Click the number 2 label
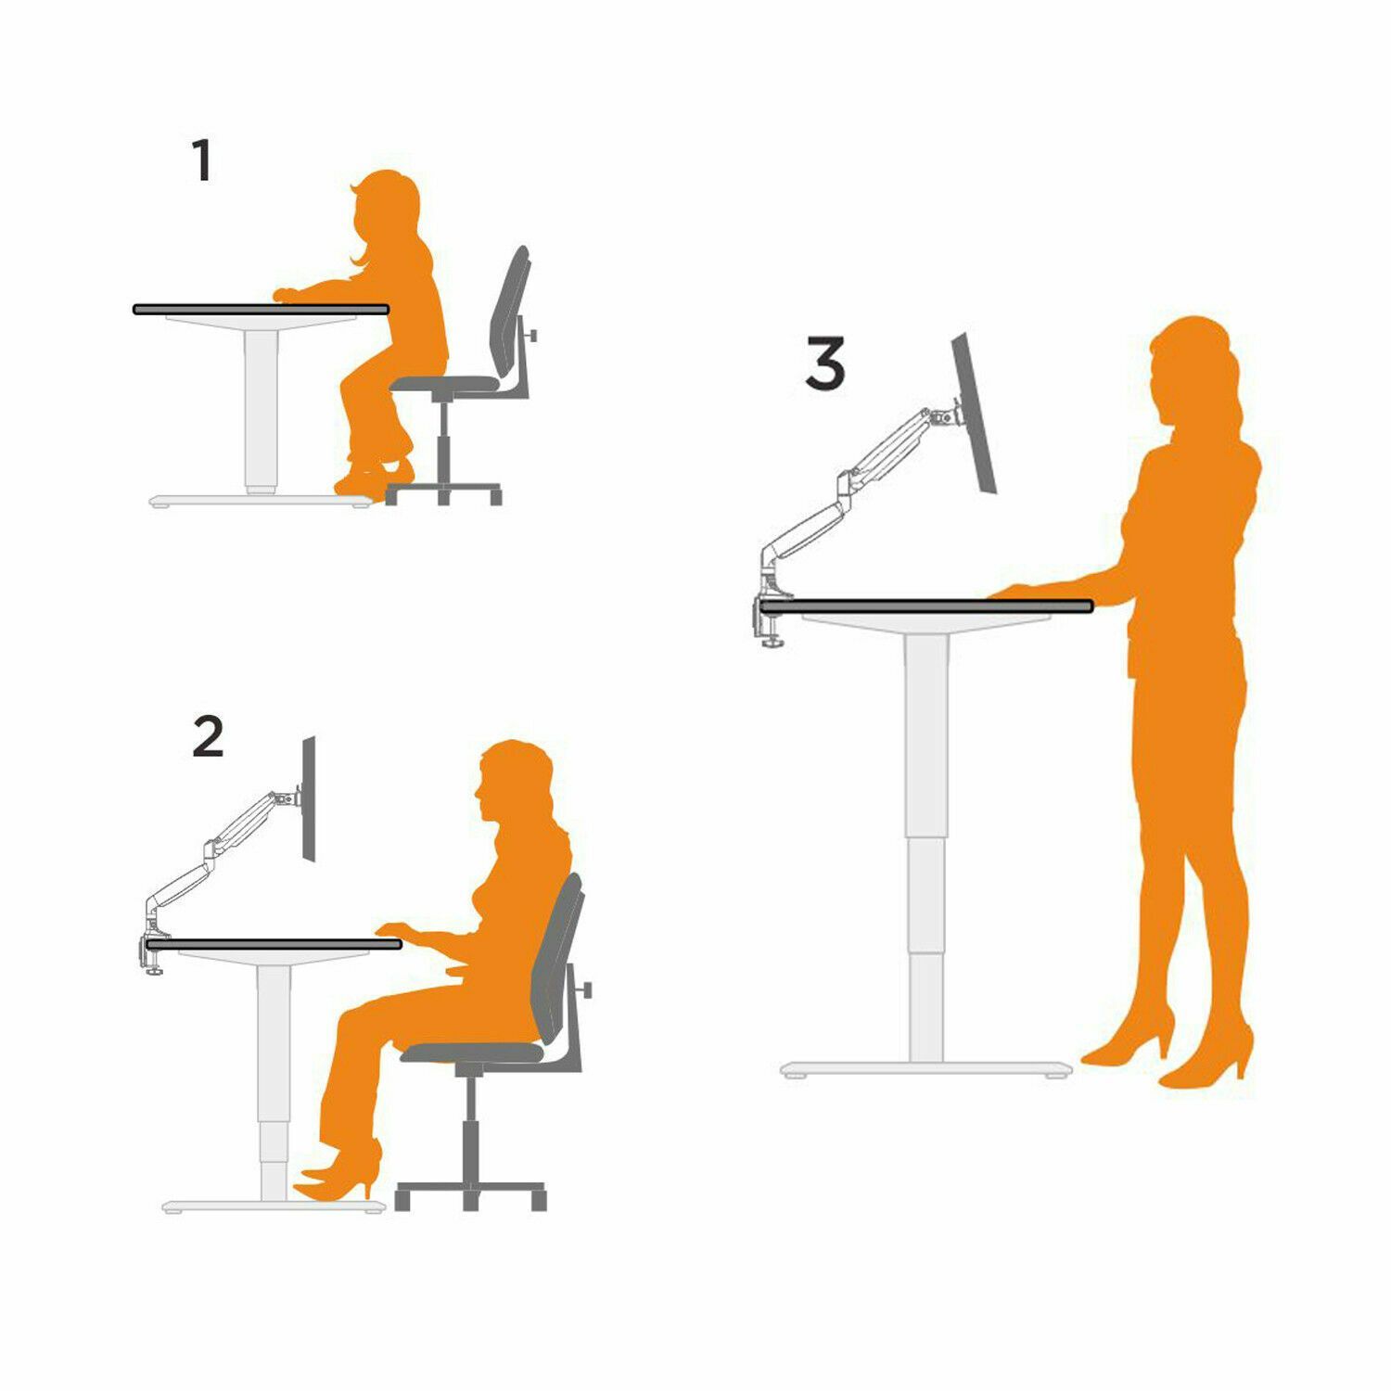point(208,736)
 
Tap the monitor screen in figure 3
point(975,414)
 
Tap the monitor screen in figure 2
point(309,799)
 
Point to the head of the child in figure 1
point(386,209)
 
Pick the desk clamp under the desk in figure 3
point(769,620)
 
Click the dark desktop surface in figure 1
point(261,309)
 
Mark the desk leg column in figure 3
point(925,849)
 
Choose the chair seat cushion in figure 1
point(445,383)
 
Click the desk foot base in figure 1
point(261,500)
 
